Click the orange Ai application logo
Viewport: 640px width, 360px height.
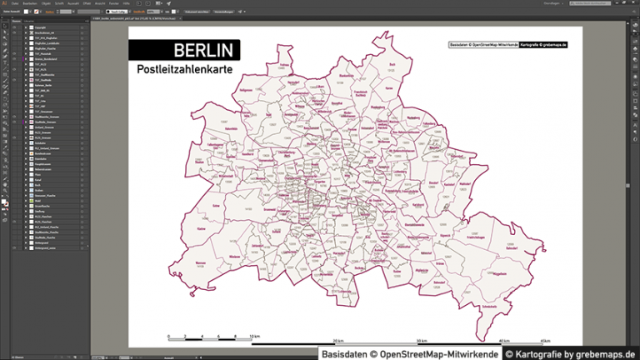[5, 4]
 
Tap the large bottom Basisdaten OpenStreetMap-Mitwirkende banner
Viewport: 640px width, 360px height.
[410, 354]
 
